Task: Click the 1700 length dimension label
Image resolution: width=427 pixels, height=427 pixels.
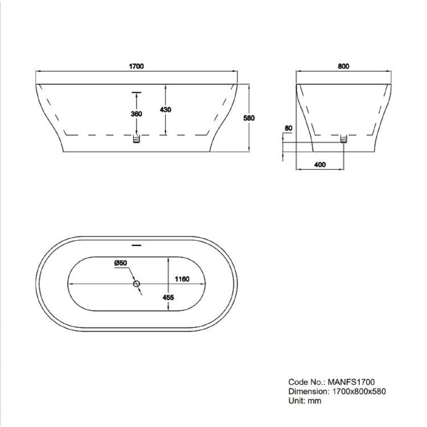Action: pos(137,66)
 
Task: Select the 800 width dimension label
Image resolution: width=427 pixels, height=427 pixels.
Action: pos(343,66)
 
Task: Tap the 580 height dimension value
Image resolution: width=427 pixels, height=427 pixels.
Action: pos(248,118)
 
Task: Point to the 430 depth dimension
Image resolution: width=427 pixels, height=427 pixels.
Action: pos(166,109)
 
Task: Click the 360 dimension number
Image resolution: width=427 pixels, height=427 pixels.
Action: pos(136,114)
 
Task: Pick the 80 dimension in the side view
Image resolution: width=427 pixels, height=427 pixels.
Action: pos(289,129)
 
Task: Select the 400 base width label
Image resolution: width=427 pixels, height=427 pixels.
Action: pos(319,165)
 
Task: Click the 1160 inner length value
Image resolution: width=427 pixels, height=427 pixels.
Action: pos(182,279)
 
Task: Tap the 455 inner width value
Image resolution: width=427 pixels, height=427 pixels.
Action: pos(168,297)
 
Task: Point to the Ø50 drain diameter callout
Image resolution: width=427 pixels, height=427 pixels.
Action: pos(120,262)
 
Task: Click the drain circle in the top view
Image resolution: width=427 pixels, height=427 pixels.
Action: pos(136,284)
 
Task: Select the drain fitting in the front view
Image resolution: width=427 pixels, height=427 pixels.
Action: pos(136,139)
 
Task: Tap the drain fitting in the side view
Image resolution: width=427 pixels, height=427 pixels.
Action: pos(343,139)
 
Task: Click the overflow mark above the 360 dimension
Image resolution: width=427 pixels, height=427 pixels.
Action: pos(136,91)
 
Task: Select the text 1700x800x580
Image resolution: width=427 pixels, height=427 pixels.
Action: pos(358,391)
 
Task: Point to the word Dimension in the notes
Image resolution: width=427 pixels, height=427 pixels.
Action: pos(307,391)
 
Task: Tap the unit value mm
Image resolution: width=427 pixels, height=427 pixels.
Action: pos(315,401)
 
